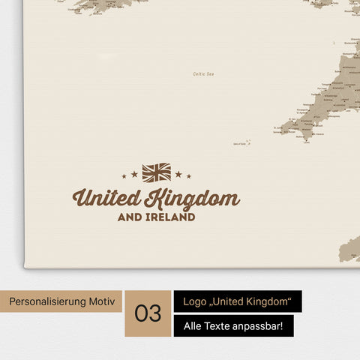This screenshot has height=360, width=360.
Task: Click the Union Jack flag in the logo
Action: (x=156, y=173)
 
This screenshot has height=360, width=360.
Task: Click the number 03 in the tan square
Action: (x=148, y=313)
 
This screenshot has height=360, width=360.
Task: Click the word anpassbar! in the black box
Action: (x=265, y=325)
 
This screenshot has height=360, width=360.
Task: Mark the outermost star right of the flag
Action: (x=189, y=176)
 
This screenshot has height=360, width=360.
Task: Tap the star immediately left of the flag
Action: (x=134, y=174)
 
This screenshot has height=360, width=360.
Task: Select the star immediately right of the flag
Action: (x=178, y=174)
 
